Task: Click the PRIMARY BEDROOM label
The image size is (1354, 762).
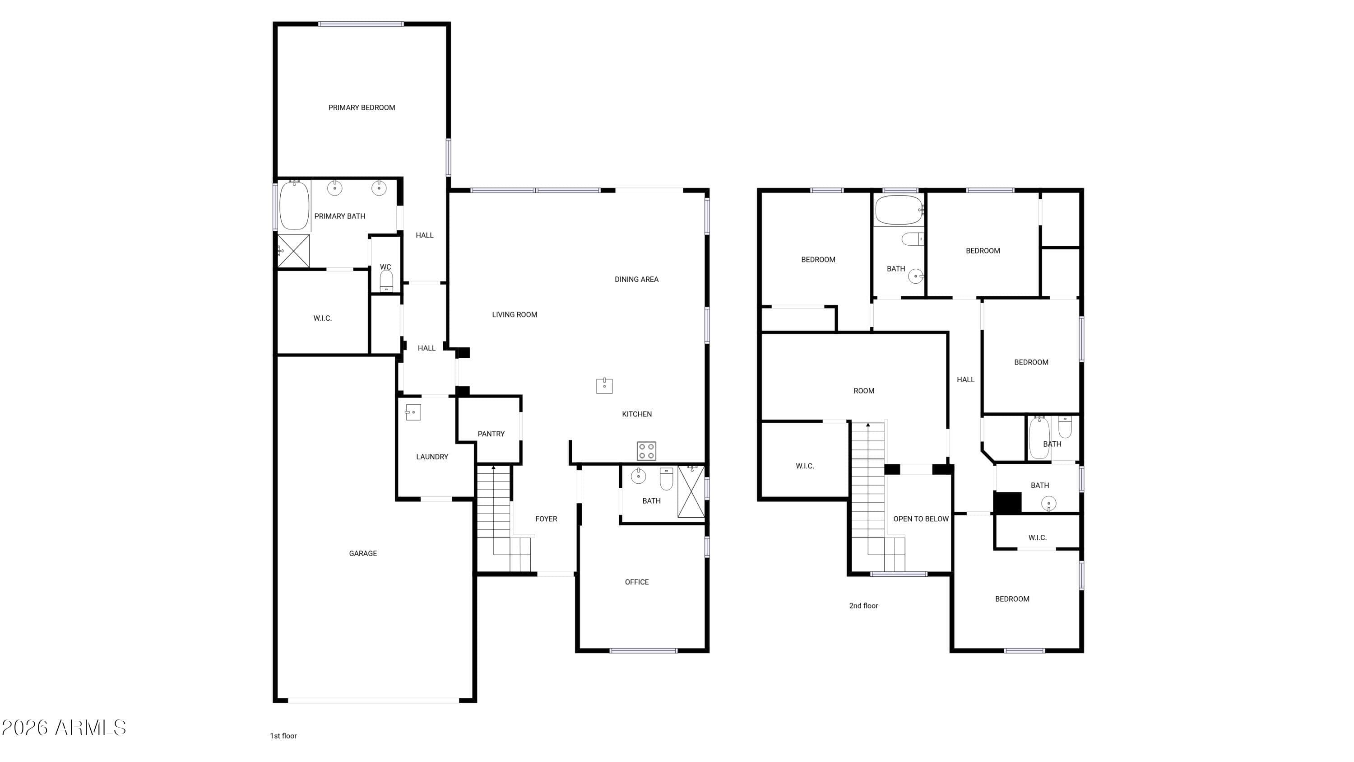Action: [362, 108]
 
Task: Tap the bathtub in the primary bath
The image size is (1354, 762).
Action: [294, 205]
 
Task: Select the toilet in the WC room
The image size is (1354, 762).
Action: [386, 281]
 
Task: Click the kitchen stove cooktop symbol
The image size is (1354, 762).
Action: [646, 451]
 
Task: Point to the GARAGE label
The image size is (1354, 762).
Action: [363, 553]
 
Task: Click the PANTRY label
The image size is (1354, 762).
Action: [491, 434]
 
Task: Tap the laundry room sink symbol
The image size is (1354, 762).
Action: [413, 412]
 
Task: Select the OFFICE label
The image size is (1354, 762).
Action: [637, 582]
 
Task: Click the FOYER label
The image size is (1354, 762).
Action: [546, 519]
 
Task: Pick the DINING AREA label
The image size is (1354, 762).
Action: [636, 279]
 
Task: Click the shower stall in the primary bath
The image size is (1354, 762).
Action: [294, 251]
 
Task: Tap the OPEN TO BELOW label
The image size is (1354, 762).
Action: [921, 519]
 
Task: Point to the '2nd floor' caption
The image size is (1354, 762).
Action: [863, 606]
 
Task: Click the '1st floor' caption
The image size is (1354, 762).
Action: [283, 736]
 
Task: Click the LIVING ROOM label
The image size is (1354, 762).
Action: [515, 315]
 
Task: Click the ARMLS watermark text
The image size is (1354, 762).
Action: [64, 728]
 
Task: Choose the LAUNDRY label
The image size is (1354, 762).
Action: [432, 457]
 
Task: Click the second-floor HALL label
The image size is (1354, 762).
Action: [965, 380]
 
